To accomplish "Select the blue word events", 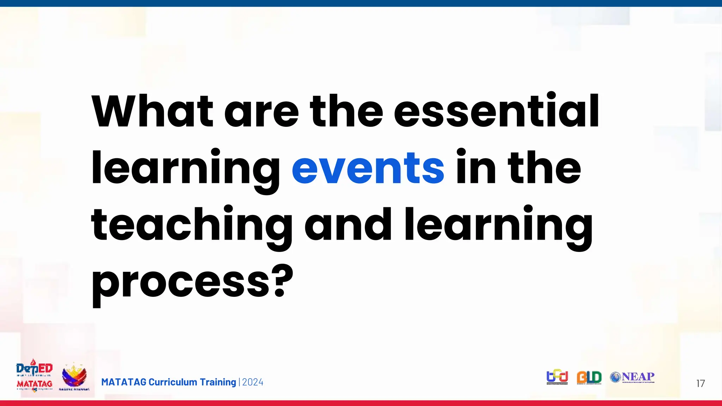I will coord(368,168).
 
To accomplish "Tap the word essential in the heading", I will coord(496,111).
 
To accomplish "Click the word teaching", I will coord(191,226).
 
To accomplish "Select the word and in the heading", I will coord(348,224).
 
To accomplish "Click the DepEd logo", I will coord(34,369).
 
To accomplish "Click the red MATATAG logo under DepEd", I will coord(34,384).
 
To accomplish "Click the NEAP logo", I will coord(632,377).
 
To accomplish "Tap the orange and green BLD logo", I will coord(589,377).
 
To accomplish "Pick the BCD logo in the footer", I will coord(557,377).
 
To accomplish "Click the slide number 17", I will coord(700,383).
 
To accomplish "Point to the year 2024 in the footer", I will coord(253,382).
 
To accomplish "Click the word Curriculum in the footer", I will coord(173,382).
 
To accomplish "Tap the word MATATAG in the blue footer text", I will coord(123,382).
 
